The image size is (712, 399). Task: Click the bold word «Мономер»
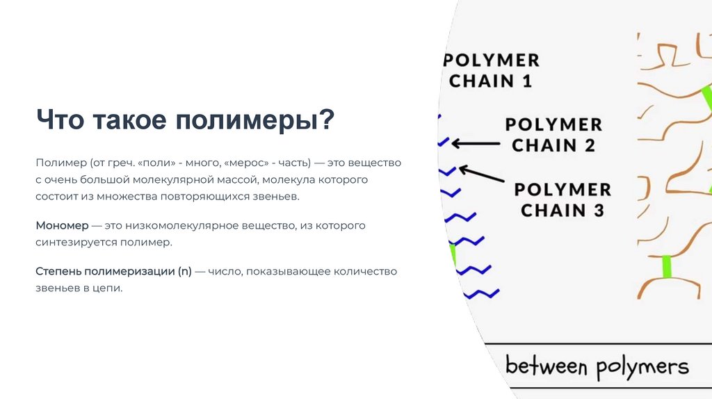62,226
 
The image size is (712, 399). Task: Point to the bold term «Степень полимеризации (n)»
113,271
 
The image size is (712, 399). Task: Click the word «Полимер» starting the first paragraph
60,163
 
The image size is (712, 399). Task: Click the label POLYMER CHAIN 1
492,70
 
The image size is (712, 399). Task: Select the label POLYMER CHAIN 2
553,135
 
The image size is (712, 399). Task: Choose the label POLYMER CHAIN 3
563,199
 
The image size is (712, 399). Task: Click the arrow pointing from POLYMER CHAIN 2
476,144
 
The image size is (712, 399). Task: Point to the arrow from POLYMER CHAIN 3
483,174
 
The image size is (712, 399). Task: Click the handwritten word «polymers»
640,367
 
